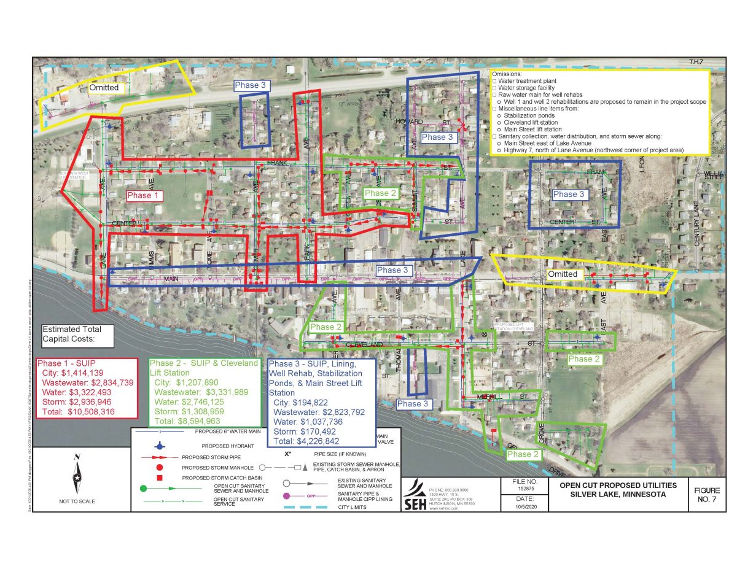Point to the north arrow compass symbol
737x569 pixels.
click(x=77, y=475)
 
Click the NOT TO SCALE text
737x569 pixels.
click(x=77, y=501)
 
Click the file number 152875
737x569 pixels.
click(x=524, y=489)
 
